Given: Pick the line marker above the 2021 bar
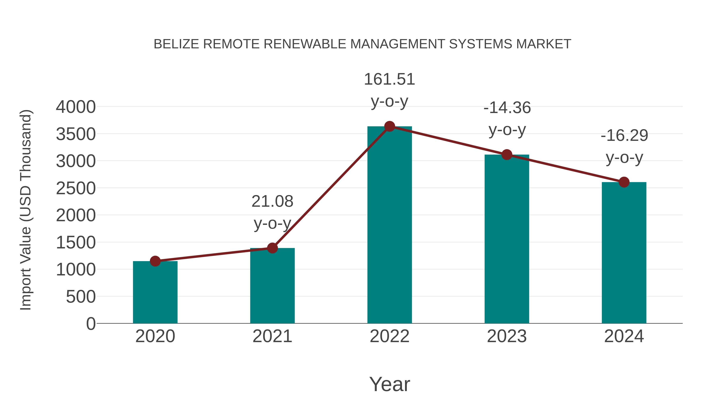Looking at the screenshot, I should (x=272, y=248).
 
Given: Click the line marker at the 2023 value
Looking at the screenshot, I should (x=507, y=155).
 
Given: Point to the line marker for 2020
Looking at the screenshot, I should (x=155, y=261).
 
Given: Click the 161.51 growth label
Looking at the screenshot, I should (x=389, y=79).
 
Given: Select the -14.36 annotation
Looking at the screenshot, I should (x=507, y=108).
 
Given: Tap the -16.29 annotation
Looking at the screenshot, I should (x=624, y=136).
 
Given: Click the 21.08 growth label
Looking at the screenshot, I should (x=272, y=202).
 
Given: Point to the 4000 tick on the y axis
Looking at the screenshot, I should (x=76, y=107).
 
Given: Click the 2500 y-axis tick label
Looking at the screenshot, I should (x=76, y=188).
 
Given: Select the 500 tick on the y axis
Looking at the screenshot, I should (x=81, y=297).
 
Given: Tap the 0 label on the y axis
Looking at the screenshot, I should (x=91, y=324).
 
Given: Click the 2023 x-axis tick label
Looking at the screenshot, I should (x=507, y=336).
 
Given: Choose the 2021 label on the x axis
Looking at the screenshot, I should (x=272, y=336).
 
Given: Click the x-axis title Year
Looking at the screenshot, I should (x=389, y=384).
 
